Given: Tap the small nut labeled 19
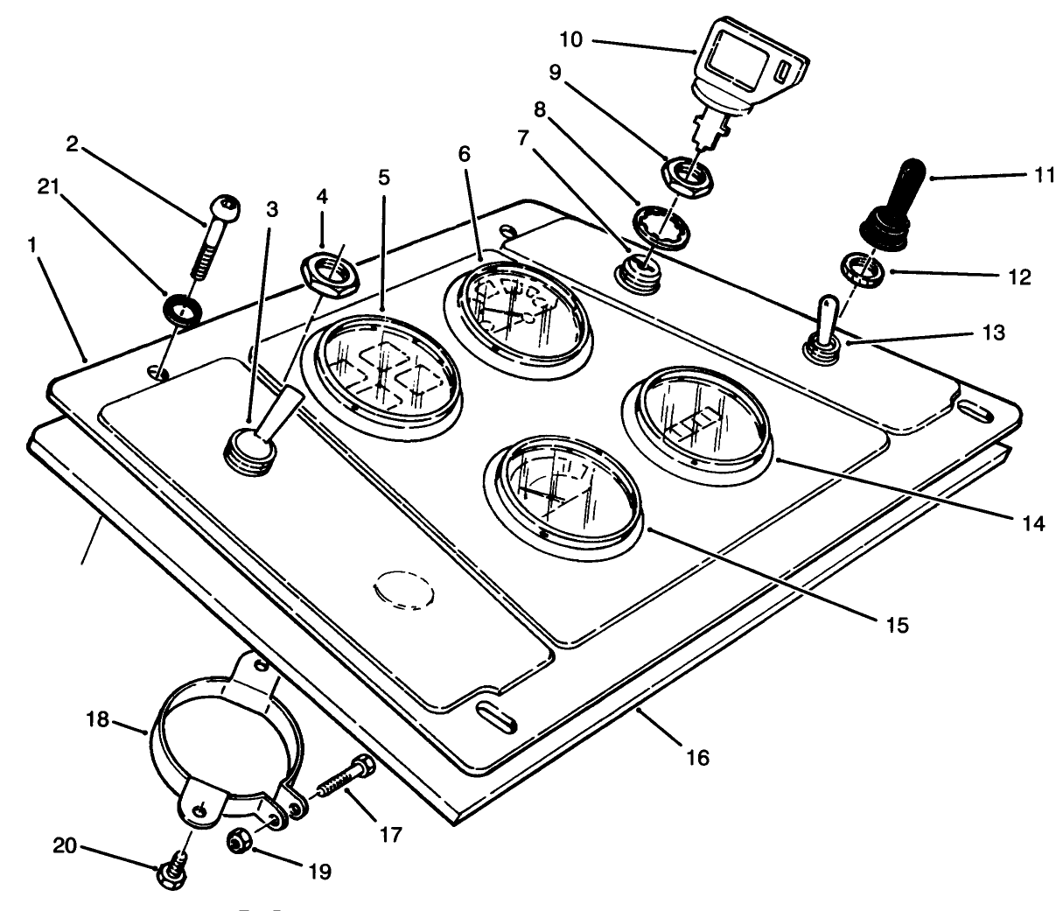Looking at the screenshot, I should point(240,840).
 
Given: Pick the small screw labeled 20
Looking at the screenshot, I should point(170,874).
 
